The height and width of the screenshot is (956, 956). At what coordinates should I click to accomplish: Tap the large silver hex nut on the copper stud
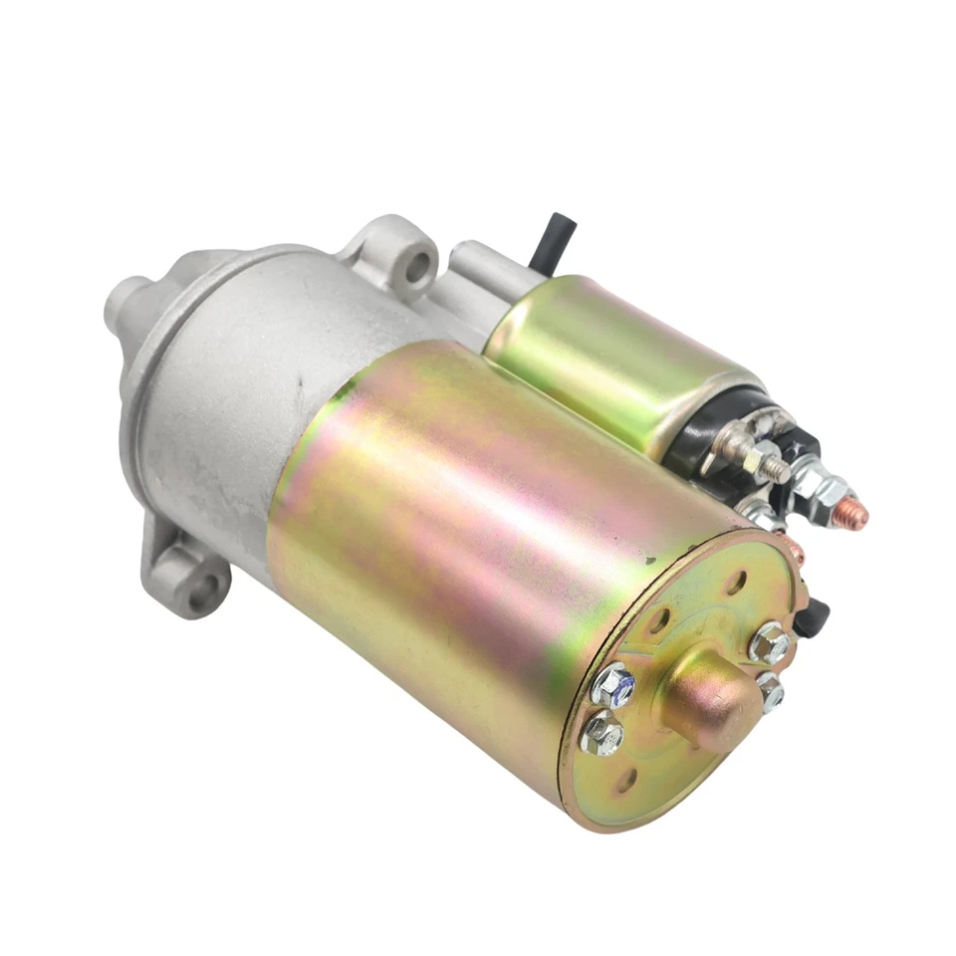point(821,489)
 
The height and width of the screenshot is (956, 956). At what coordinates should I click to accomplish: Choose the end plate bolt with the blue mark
point(614,687)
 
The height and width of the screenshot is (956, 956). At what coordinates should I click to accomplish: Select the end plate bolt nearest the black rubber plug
point(771,642)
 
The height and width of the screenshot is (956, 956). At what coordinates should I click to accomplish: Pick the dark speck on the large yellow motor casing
point(649,562)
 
